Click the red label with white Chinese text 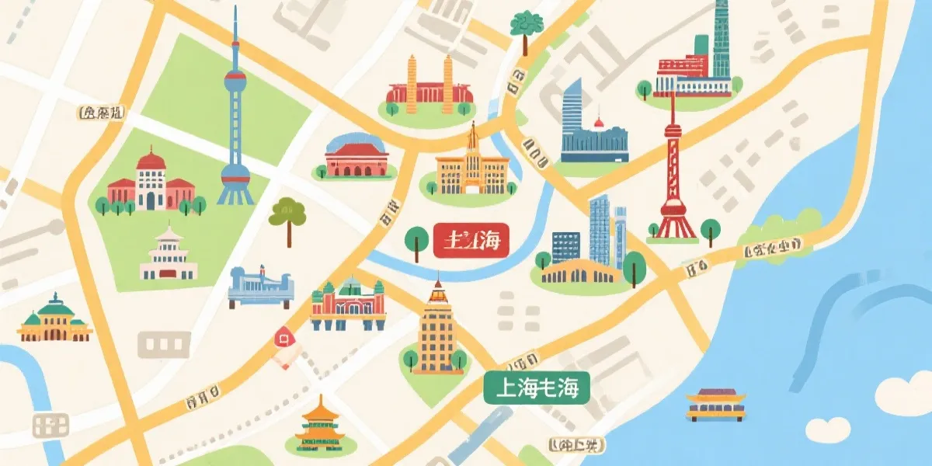coord(470,241)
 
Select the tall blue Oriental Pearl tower coord(235,116)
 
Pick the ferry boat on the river coord(715,405)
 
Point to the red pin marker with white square coord(283,338)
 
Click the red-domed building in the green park coord(151,183)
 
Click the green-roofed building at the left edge coord(54,318)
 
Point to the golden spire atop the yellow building coord(471,138)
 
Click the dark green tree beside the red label coord(417,238)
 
